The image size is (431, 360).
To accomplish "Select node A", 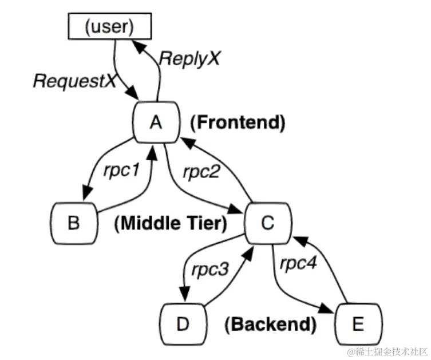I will click(x=156, y=122).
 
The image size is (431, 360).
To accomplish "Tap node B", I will click(x=73, y=223).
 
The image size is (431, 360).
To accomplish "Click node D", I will click(x=182, y=324).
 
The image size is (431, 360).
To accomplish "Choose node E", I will click(x=358, y=324).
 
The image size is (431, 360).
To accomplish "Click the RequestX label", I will click(x=74, y=80).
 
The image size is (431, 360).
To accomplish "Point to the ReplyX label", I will click(x=189, y=58).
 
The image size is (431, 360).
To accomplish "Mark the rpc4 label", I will click(x=299, y=264).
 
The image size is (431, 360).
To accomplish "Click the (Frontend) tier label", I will click(x=237, y=122).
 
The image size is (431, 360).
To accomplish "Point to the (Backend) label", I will click(x=271, y=325).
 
